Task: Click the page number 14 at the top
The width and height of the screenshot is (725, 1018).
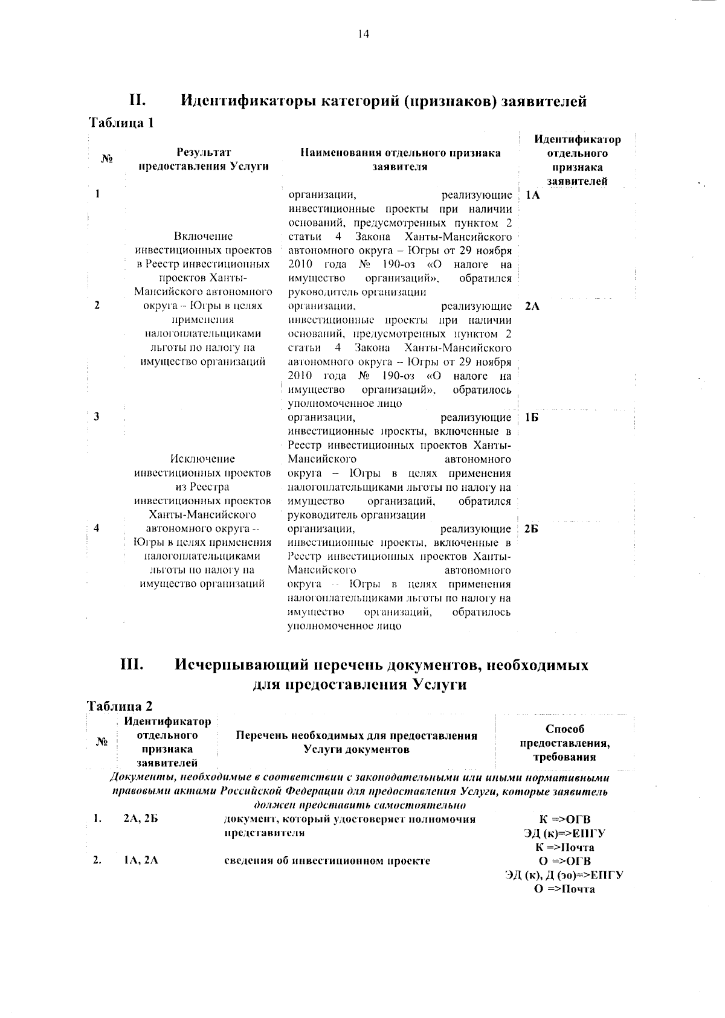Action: coord(363,34)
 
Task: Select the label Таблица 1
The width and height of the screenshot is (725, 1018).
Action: coord(121,123)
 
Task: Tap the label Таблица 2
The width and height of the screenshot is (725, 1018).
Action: coord(120,706)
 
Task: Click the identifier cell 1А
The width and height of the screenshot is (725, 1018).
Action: coord(532,196)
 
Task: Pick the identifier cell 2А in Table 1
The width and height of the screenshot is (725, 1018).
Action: coord(532,306)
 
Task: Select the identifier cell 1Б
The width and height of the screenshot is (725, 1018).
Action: coord(532,418)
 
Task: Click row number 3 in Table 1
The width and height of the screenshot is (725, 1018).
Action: coord(97,418)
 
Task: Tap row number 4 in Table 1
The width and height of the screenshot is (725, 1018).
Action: coord(97,528)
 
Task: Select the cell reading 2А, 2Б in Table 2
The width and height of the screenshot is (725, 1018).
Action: coord(141,819)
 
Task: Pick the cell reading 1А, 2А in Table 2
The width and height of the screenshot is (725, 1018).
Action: coord(141,861)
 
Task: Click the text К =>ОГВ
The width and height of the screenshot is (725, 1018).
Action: coord(564,819)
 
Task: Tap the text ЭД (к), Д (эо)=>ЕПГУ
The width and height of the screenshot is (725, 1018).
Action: coord(564,875)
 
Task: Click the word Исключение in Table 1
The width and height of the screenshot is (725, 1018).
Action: coord(202,459)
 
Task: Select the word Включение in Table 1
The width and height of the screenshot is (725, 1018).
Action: coord(202,236)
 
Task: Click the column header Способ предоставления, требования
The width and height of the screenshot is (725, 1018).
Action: coord(564,743)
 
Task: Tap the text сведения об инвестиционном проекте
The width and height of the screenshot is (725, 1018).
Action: coord(326,861)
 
